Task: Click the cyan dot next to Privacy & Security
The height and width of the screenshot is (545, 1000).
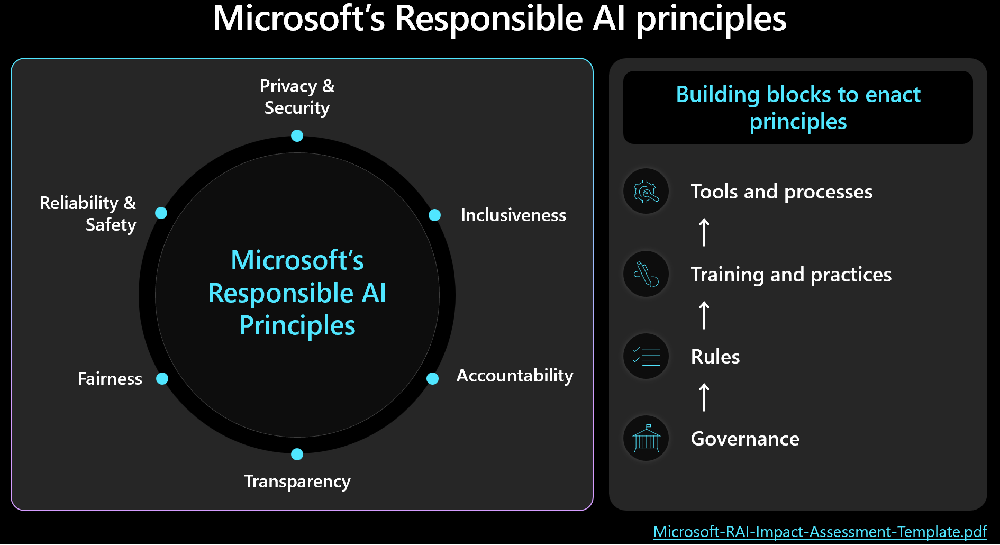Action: click(x=297, y=136)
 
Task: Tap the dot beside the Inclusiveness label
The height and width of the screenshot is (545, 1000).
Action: click(x=434, y=215)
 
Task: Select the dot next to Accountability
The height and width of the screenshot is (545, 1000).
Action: click(x=432, y=378)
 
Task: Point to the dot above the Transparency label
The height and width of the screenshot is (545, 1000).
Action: click(x=297, y=454)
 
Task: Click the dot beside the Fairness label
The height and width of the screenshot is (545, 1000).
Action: click(x=162, y=378)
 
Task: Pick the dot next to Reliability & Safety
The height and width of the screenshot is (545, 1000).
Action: click(x=161, y=213)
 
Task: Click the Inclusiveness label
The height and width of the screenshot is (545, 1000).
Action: click(x=513, y=215)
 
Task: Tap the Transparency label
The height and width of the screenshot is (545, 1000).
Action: click(x=297, y=482)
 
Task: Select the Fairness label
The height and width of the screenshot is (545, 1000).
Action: click(x=110, y=379)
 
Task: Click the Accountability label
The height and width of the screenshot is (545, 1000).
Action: click(x=514, y=376)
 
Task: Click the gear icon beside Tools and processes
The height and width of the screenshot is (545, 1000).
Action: click(x=646, y=192)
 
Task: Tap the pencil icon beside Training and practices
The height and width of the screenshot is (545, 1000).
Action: click(x=646, y=274)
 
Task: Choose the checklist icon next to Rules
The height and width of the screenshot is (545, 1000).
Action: click(x=646, y=356)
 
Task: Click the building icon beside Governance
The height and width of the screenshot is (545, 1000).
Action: click(x=646, y=439)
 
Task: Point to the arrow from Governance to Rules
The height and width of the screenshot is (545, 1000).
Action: click(x=704, y=397)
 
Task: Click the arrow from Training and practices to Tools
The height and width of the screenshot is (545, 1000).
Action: click(x=704, y=232)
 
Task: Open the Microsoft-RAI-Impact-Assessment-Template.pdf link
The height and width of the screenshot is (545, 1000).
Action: click(x=820, y=531)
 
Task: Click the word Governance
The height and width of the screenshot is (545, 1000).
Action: click(x=744, y=439)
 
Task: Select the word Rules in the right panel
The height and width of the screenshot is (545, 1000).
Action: click(x=715, y=357)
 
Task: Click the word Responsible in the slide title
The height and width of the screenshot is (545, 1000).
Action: click(x=488, y=19)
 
